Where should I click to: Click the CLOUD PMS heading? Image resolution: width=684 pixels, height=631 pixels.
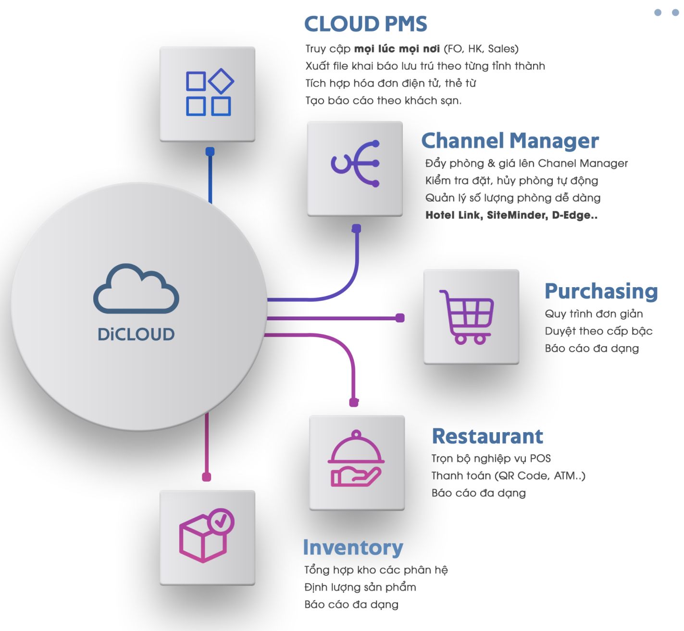click(365, 24)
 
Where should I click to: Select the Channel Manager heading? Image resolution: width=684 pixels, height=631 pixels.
click(510, 141)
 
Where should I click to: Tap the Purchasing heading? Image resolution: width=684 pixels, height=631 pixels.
click(601, 291)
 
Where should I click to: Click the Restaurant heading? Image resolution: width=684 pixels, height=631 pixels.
click(487, 437)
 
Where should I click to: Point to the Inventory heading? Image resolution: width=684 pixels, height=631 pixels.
click(353, 547)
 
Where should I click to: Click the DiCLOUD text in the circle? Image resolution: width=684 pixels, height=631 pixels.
click(136, 334)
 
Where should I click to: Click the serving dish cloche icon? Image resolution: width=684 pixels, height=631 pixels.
click(356, 459)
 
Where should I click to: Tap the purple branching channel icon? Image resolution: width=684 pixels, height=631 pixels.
click(355, 164)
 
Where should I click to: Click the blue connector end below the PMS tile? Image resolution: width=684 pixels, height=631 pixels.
click(210, 152)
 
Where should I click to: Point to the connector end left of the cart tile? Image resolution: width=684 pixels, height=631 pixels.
click(400, 318)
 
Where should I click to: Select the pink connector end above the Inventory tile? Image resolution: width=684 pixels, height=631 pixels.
click(207, 477)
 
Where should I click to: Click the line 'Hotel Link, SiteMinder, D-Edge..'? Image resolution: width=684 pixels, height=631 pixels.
click(511, 215)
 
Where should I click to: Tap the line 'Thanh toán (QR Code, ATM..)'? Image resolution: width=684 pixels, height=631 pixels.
click(508, 476)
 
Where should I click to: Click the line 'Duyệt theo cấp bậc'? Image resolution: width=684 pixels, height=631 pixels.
click(598, 331)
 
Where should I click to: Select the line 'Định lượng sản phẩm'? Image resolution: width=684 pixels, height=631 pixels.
click(360, 587)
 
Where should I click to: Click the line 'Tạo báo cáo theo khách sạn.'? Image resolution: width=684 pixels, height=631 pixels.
click(383, 101)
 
